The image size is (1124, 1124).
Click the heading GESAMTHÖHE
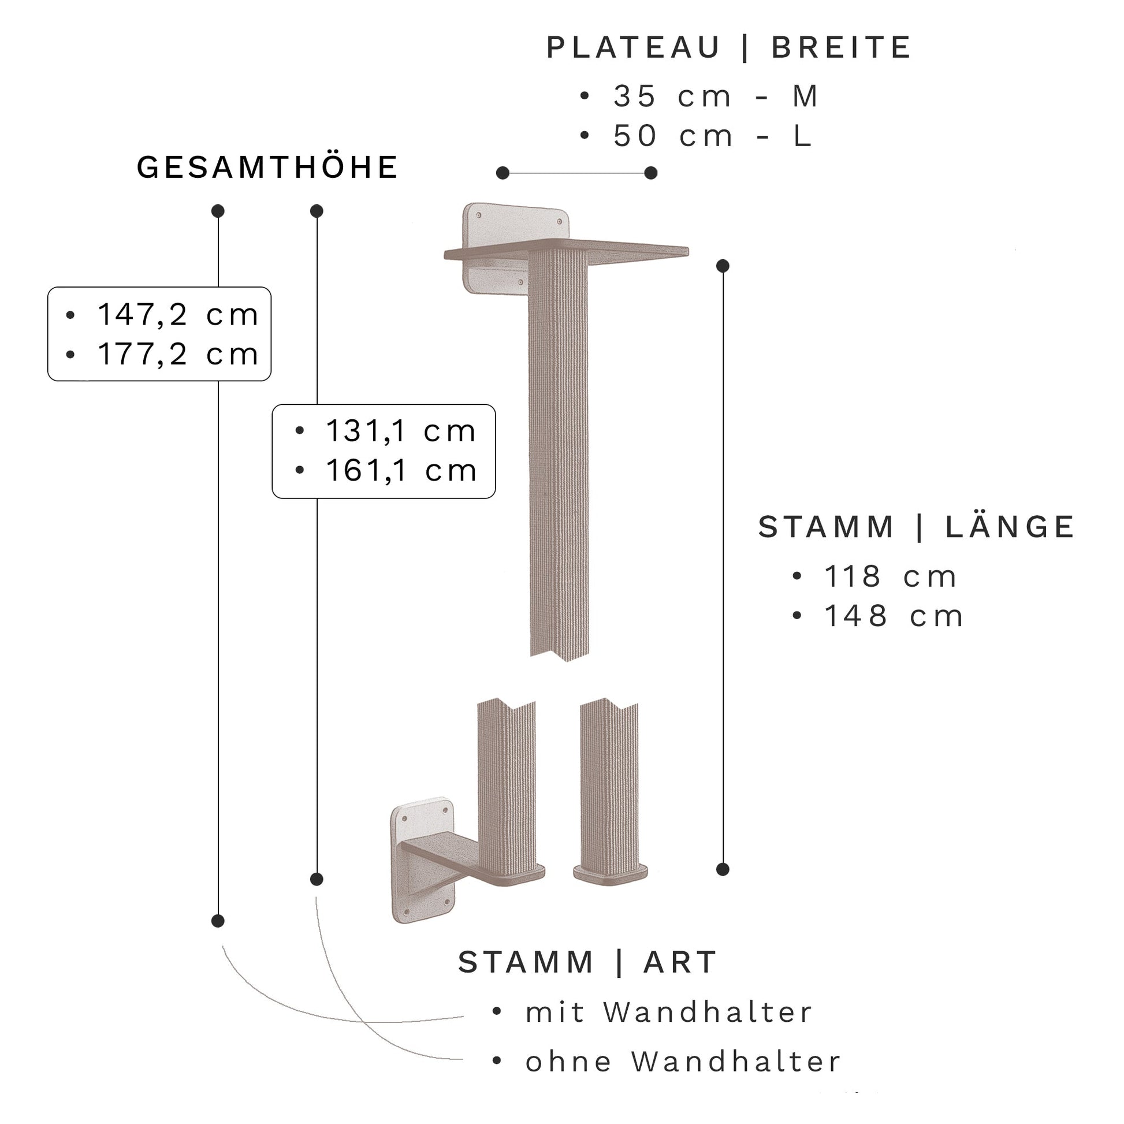click(266, 168)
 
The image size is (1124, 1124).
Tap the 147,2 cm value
click(177, 315)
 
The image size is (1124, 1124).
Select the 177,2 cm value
click(177, 354)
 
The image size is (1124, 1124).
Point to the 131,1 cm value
click(401, 431)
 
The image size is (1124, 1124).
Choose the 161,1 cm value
click(401, 471)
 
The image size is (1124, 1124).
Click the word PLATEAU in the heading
click(633, 48)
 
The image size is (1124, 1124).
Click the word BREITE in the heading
click(841, 48)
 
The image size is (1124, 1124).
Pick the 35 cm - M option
click(716, 96)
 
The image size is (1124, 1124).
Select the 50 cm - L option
click(713, 136)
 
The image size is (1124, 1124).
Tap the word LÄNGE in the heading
click(1010, 527)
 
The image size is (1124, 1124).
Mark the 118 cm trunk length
click(890, 576)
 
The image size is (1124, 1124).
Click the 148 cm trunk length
click(894, 616)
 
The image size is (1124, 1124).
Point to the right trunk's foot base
click(610, 873)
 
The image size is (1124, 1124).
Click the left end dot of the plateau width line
click(503, 173)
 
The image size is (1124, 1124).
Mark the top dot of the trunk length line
click(723, 266)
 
